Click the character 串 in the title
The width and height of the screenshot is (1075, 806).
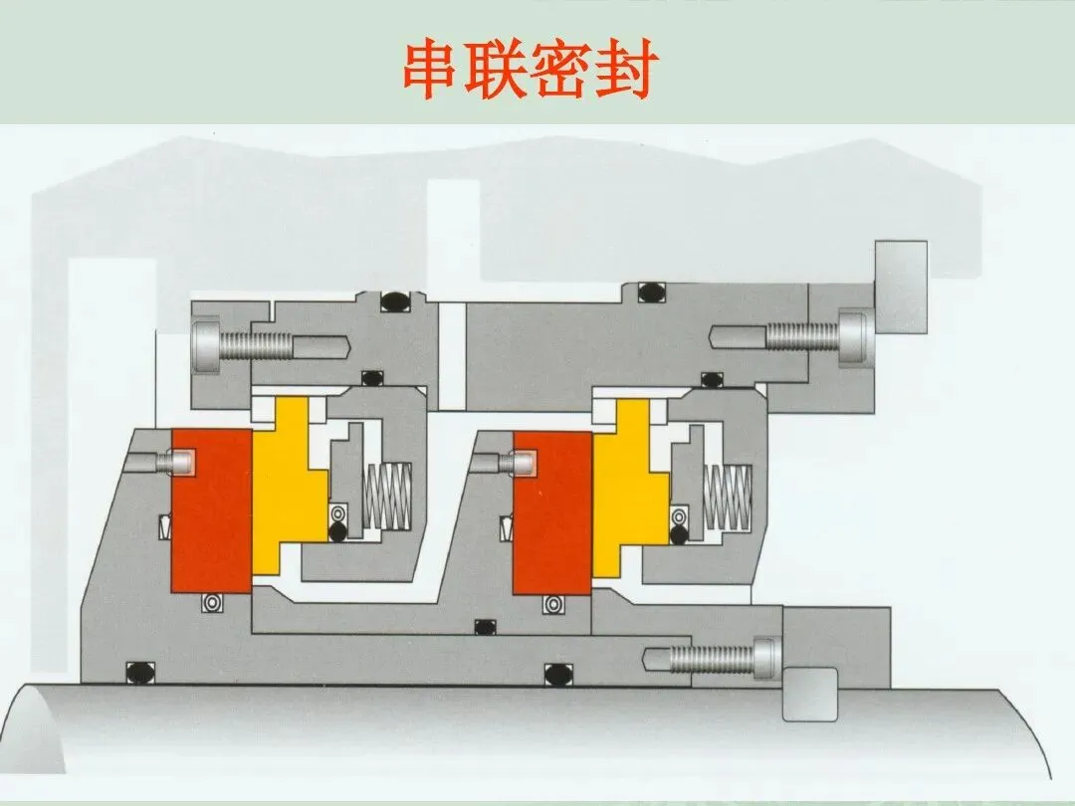pyautogui.click(x=434, y=70)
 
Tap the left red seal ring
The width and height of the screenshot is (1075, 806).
pyautogui.click(x=211, y=509)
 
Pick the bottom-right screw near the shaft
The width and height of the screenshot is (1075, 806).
pyautogui.click(x=712, y=657)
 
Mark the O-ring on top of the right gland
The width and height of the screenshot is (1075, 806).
pyautogui.click(x=654, y=295)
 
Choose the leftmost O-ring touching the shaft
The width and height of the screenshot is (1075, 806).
pyautogui.click(x=134, y=672)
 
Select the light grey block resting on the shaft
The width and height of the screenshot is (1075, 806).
pyautogui.click(x=811, y=694)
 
